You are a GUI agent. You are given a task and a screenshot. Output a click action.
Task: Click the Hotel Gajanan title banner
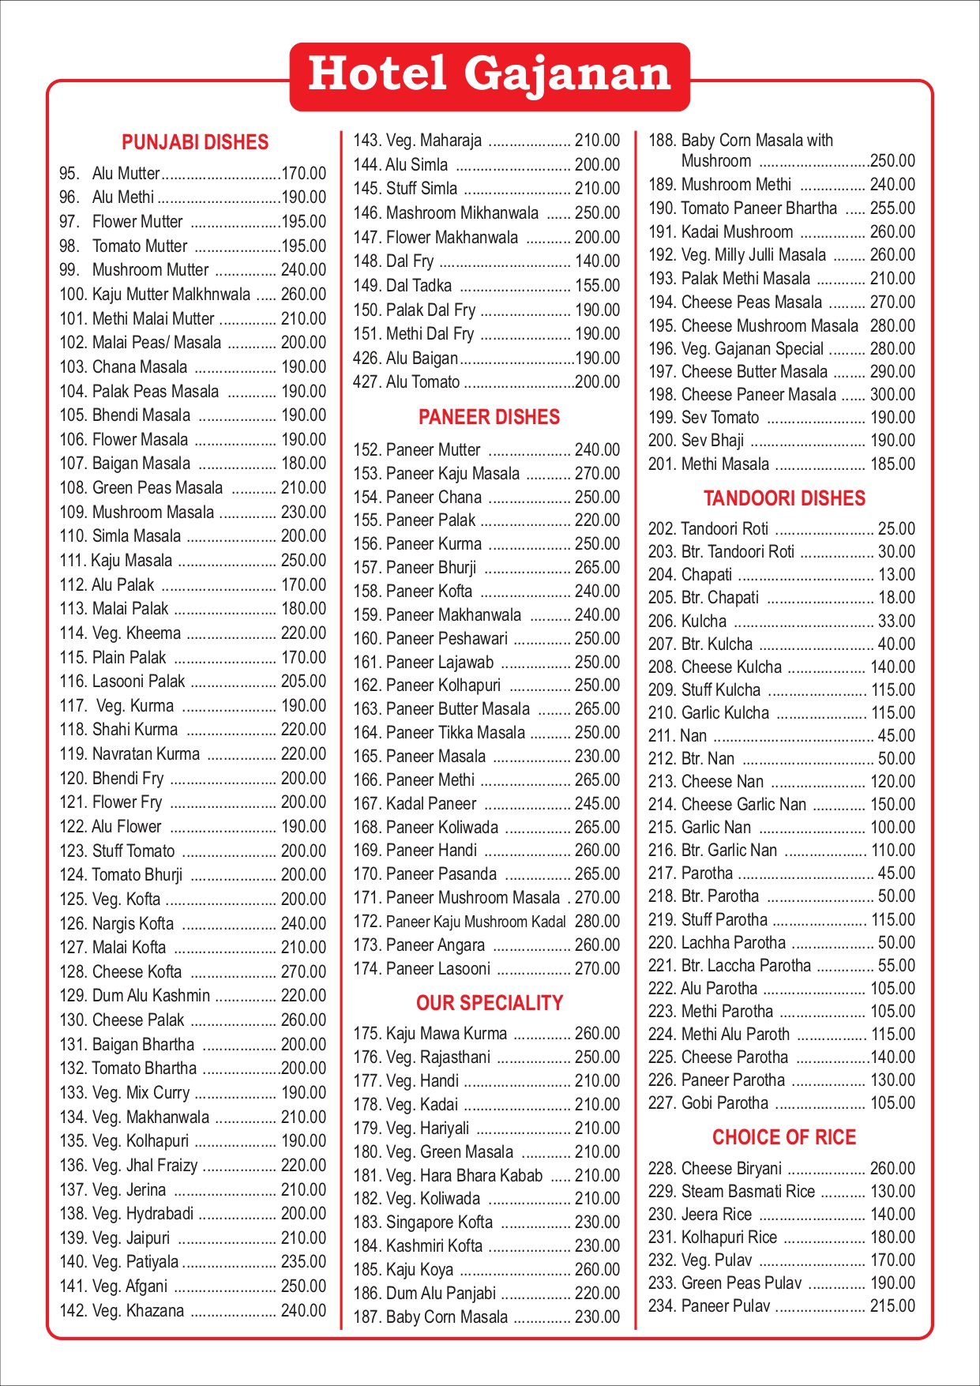[x=490, y=75]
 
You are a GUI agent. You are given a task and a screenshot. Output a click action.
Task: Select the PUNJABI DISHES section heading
[x=195, y=142]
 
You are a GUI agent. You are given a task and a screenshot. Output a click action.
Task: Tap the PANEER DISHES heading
[x=489, y=417]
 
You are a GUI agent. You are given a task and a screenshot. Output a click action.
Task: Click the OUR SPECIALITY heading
[x=490, y=1003]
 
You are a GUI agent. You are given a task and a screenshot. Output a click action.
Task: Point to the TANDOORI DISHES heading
[x=784, y=498]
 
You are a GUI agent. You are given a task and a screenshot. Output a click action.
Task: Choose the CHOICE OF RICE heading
[x=784, y=1137]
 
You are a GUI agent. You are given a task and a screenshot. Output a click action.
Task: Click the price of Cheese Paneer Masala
[x=892, y=395]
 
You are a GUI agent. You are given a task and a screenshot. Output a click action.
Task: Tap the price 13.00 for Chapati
[x=896, y=575]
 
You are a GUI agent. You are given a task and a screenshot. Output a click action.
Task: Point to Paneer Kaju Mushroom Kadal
[x=476, y=922]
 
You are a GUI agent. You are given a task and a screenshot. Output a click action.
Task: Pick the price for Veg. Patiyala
[x=303, y=1262]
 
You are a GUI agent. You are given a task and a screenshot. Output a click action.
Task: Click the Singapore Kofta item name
[x=439, y=1223]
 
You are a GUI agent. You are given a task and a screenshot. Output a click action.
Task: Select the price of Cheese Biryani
[x=892, y=1168]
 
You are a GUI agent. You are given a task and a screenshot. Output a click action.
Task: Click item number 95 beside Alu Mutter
[x=69, y=174]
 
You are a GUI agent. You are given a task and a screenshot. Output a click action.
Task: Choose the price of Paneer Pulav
[x=892, y=1306]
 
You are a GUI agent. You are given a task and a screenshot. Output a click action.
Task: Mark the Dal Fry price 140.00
[x=597, y=261]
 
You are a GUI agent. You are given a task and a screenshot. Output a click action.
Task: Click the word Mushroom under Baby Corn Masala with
[x=716, y=161]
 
